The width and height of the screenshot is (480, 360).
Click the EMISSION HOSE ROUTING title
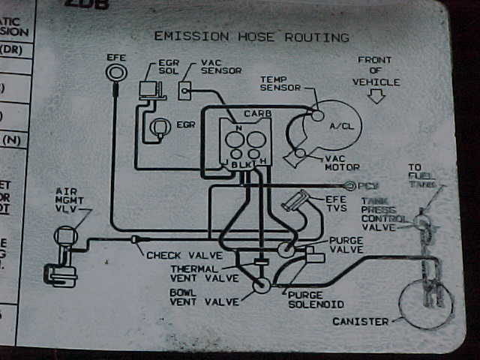point(251,36)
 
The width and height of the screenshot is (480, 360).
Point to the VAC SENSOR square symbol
point(185,91)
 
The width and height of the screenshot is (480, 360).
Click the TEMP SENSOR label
point(280,83)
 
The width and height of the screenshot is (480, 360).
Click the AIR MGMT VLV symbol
point(65,238)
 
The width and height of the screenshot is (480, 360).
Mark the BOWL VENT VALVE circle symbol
point(262,286)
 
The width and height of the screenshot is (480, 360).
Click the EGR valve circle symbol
point(160,128)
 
